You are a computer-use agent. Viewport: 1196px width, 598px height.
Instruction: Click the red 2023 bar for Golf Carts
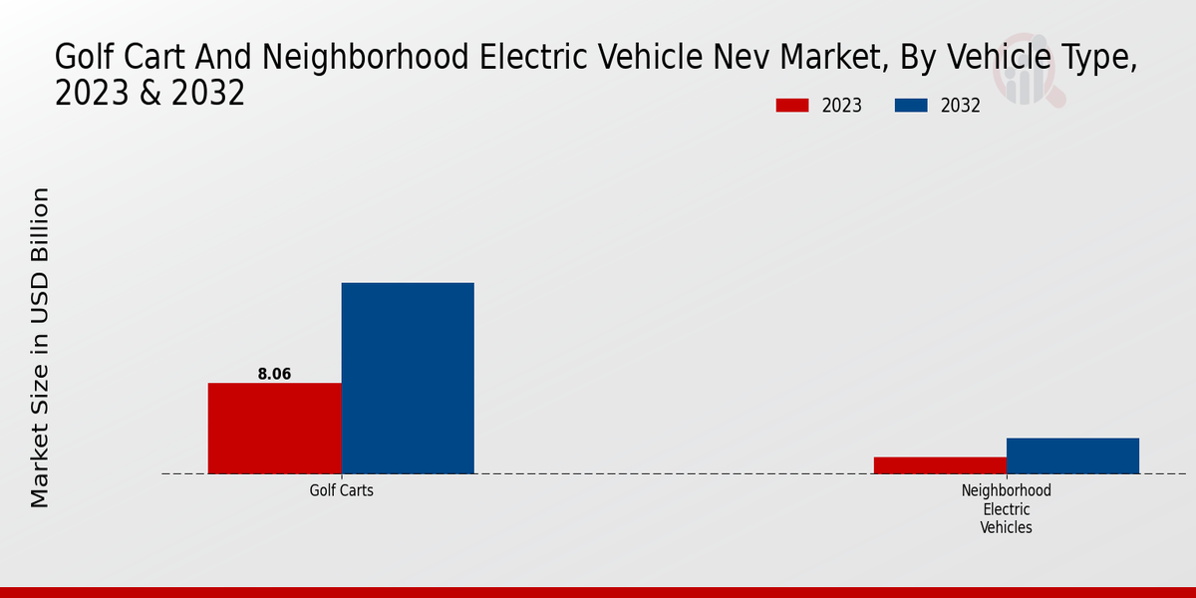(274, 428)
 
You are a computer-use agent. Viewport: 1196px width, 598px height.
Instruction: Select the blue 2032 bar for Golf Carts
(408, 378)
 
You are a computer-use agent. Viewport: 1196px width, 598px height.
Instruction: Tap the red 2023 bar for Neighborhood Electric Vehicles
(940, 465)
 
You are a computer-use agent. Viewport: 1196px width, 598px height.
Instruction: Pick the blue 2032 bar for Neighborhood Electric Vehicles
(1072, 455)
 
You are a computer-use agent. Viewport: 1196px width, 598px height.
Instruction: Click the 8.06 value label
(274, 374)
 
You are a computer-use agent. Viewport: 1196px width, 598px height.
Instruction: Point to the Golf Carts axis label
(341, 491)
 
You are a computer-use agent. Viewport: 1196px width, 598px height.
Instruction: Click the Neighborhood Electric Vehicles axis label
(1006, 509)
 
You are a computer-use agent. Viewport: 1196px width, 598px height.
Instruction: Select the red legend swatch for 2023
(792, 106)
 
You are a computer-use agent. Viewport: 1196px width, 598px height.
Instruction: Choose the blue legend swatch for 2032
(911, 106)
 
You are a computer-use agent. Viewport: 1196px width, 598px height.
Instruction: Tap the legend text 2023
(842, 106)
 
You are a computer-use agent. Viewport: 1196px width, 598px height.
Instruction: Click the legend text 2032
(961, 106)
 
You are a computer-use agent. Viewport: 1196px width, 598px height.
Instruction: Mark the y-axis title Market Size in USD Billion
(40, 347)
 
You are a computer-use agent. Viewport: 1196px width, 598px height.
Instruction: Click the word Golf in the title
(81, 58)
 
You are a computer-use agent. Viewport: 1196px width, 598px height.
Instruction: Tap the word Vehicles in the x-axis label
(1006, 528)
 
